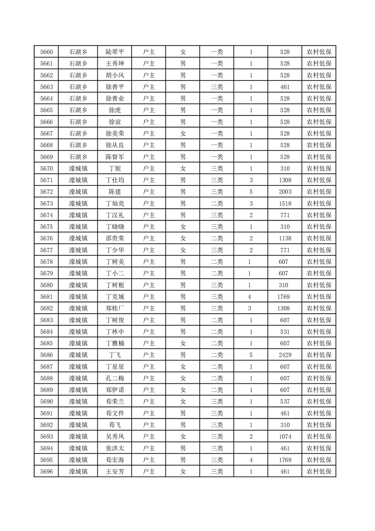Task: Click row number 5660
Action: click(46, 52)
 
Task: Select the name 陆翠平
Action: click(115, 52)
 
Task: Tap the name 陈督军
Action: click(115, 157)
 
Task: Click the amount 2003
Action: click(285, 192)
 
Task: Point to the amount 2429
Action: click(285, 355)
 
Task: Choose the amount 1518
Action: click(285, 204)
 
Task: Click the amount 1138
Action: click(285, 239)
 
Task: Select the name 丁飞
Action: click(115, 355)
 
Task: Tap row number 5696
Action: click(46, 471)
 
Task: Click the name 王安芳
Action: click(115, 471)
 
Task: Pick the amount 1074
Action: click(285, 436)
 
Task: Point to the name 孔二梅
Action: click(115, 378)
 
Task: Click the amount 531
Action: click(285, 332)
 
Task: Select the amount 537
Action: click(285, 401)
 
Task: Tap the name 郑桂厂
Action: click(115, 309)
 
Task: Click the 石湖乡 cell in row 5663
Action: click(78, 87)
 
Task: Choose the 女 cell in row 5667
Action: click(183, 133)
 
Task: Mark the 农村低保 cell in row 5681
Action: click(319, 297)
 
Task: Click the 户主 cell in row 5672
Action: click(149, 192)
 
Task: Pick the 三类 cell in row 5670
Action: click(217, 168)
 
